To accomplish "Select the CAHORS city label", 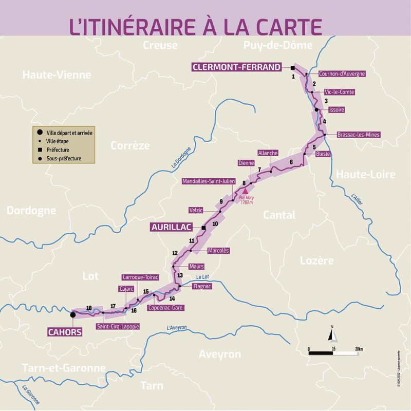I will (x=65, y=331).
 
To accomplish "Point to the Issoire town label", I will (x=336, y=110).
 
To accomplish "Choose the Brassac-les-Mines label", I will (x=358, y=135).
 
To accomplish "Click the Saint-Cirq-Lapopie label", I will (x=118, y=326).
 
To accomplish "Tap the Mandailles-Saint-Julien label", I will (x=209, y=181).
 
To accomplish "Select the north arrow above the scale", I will (x=332, y=334).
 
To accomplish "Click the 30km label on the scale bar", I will (x=358, y=349).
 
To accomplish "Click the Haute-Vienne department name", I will (x=57, y=75).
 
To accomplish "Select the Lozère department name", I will (x=316, y=260).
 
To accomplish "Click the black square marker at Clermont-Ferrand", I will (x=292, y=68).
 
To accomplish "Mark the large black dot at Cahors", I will (x=73, y=314).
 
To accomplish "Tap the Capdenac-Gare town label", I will (x=165, y=307).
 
